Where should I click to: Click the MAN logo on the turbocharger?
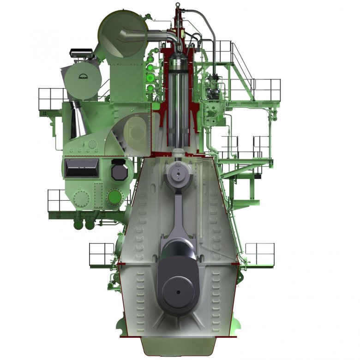pyautogui.click(x=83, y=77)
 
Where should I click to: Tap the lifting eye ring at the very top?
pyautogui.click(x=178, y=4)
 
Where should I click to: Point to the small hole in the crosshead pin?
pyautogui.click(x=178, y=174)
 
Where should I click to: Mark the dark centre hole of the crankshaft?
pyautogui.click(x=178, y=292)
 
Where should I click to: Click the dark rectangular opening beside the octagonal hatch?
pyautogui.click(x=82, y=168)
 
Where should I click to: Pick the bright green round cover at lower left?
pyautogui.click(x=115, y=197)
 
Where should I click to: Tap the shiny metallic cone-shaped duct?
pyautogui.click(x=78, y=120)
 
